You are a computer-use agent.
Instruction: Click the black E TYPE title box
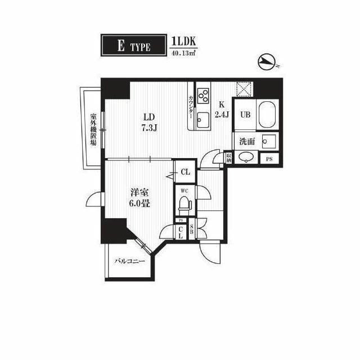click(x=133, y=46)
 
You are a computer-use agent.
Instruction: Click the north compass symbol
click(x=266, y=61)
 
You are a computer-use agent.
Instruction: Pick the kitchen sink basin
click(x=202, y=119)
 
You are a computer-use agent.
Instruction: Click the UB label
click(x=245, y=115)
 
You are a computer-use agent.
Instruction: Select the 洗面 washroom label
click(x=247, y=142)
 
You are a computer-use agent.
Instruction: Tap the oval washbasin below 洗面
click(x=246, y=159)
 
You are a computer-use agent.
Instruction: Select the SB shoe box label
click(x=191, y=230)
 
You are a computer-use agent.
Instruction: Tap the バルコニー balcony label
click(x=130, y=262)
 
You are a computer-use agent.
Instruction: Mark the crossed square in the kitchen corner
click(x=243, y=88)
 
